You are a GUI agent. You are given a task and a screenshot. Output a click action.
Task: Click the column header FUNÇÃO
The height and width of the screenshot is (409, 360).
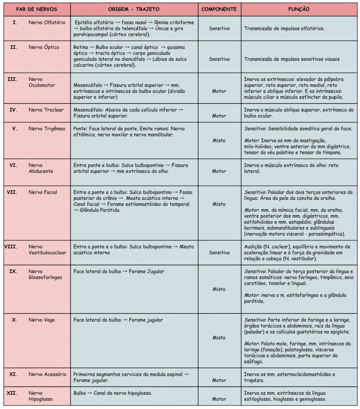tap(298, 9)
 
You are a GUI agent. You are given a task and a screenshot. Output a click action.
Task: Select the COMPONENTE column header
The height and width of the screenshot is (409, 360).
tap(219, 9)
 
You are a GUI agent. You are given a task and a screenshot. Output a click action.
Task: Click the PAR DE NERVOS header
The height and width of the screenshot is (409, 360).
tap(36, 9)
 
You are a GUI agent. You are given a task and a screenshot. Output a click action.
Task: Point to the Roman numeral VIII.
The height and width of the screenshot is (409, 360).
tap(11, 247)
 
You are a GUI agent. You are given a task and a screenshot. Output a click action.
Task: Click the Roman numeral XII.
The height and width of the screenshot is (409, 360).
tap(12, 393)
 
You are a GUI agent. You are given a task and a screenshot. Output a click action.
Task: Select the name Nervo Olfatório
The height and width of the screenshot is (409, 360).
tap(47, 22)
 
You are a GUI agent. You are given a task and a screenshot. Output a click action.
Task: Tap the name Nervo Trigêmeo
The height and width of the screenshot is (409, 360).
tap(47, 129)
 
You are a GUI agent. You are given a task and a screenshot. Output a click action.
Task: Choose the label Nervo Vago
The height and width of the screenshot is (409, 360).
tap(42, 320)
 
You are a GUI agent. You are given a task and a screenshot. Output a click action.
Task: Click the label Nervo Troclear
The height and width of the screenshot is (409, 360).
tap(46, 110)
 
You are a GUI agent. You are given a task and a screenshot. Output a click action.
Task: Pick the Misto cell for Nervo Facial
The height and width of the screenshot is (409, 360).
tap(219, 204)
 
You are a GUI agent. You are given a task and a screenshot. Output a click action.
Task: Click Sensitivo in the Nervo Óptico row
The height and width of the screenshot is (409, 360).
tap(219, 59)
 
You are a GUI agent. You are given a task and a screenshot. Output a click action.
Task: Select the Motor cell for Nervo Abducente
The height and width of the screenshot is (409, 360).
tap(219, 171)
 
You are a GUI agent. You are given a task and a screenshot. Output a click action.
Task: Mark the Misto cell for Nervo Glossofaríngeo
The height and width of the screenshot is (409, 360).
tap(219, 289)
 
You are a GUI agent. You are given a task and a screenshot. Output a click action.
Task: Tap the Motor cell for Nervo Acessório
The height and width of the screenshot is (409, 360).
tap(219, 380)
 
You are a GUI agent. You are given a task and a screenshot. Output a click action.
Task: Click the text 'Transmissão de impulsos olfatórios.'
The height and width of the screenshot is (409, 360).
tap(284, 29)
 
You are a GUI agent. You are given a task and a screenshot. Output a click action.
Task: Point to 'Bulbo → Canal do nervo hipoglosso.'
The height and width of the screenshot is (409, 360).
tap(113, 393)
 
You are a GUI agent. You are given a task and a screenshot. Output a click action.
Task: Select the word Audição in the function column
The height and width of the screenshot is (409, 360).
tap(253, 247)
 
